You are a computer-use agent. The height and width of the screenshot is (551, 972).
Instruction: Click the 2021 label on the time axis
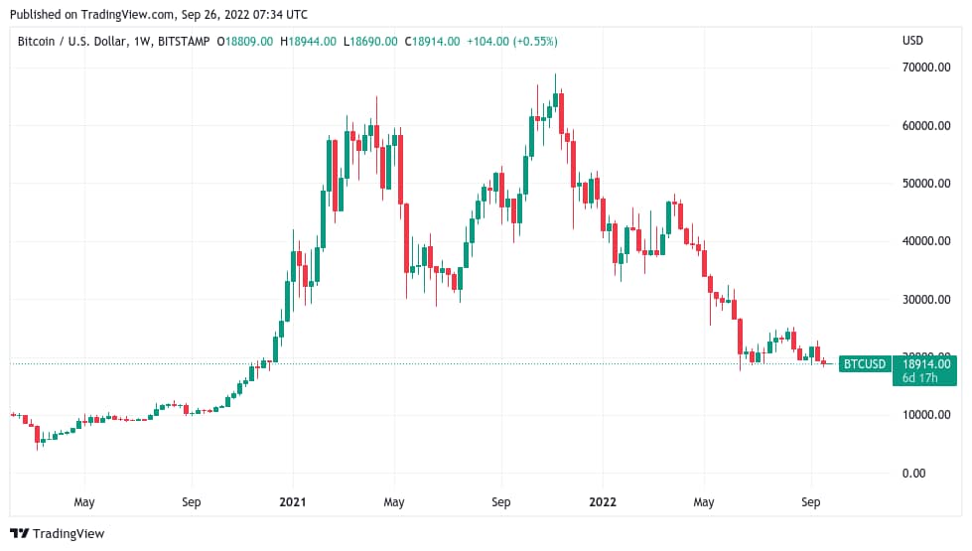click(x=293, y=502)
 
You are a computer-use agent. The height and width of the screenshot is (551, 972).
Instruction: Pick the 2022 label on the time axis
click(x=602, y=502)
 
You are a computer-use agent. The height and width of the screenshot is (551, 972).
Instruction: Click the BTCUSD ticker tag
click(x=863, y=364)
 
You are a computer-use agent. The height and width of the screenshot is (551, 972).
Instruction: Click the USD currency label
click(x=912, y=41)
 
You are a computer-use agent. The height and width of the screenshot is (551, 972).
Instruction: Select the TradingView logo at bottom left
click(x=57, y=534)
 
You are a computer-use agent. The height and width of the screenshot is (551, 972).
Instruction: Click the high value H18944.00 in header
click(x=313, y=41)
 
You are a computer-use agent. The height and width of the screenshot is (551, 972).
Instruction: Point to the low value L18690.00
click(x=372, y=41)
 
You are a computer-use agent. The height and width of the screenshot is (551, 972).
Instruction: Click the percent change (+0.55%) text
click(x=532, y=41)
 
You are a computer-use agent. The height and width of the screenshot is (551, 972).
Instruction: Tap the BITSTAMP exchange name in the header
click(x=188, y=41)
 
